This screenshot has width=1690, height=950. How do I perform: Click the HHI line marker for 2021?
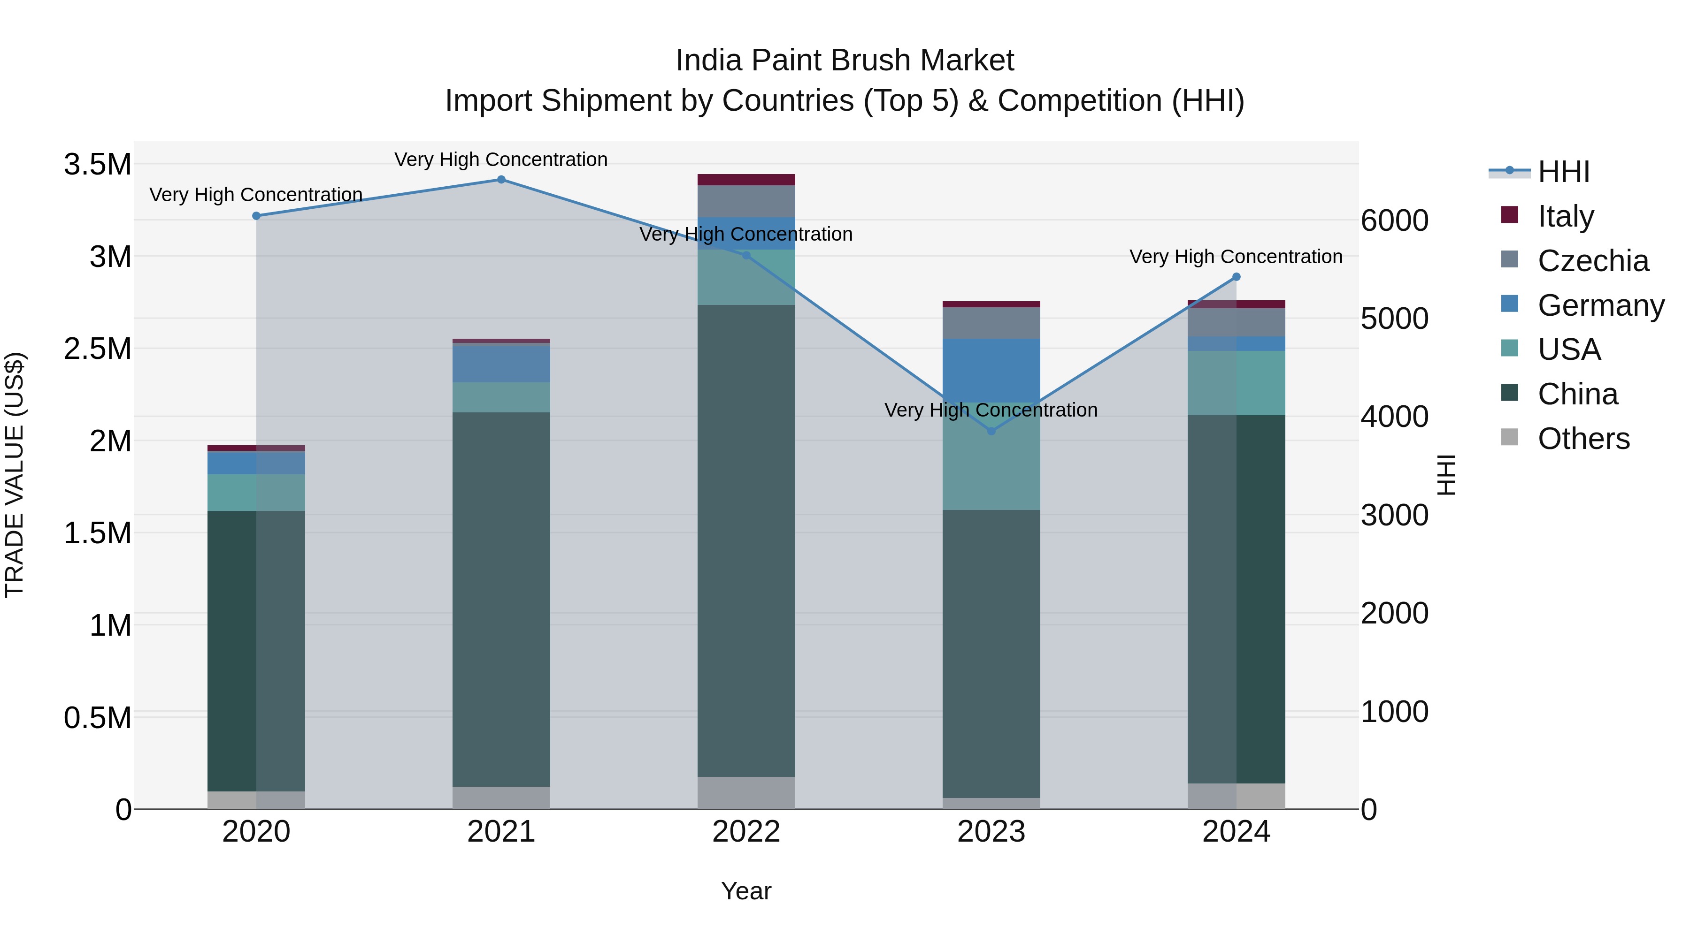pyautogui.click(x=501, y=180)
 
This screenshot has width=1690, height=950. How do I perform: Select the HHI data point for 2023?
pyautogui.click(x=991, y=432)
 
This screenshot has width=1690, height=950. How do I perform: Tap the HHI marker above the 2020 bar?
pyautogui.click(x=256, y=216)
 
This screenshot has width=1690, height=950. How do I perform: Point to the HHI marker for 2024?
pyautogui.click(x=1237, y=277)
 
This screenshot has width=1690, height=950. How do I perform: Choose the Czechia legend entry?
pyautogui.click(x=1592, y=261)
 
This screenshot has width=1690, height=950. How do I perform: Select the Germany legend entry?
pyautogui.click(x=1600, y=305)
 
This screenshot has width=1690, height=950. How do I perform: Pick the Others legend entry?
pyautogui.click(x=1583, y=439)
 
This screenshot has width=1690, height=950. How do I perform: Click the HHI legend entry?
pyautogui.click(x=1563, y=172)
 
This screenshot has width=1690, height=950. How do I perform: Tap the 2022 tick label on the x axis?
pyautogui.click(x=746, y=832)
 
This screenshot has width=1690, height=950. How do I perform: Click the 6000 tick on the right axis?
pyautogui.click(x=1394, y=220)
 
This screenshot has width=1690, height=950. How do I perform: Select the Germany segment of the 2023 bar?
pyautogui.click(x=991, y=371)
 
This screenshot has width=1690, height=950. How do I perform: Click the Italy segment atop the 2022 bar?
pyautogui.click(x=746, y=180)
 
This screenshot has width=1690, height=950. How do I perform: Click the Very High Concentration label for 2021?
pyautogui.click(x=501, y=160)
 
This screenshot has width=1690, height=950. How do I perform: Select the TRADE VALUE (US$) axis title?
pyautogui.click(x=15, y=475)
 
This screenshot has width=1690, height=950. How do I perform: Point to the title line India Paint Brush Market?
pyautogui.click(x=845, y=61)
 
